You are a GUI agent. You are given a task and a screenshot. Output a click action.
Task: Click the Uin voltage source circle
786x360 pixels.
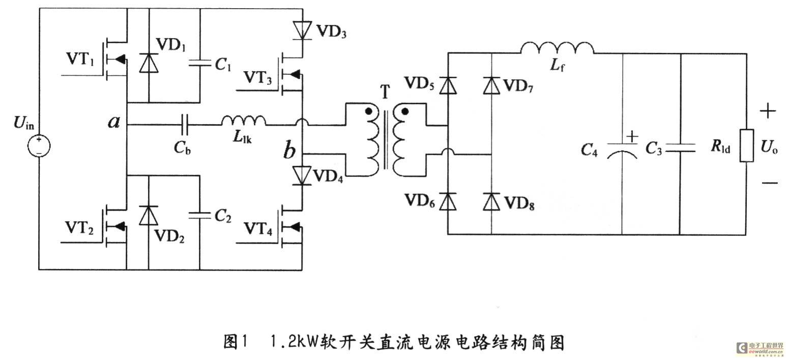click(x=39, y=145)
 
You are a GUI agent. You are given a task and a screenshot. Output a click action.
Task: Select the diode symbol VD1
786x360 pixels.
click(x=149, y=63)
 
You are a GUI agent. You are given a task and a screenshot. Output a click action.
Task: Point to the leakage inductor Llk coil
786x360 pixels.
click(x=244, y=121)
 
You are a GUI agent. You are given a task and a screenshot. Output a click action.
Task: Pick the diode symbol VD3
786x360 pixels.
click(x=302, y=31)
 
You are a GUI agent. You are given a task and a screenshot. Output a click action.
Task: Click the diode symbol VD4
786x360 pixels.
click(x=302, y=175)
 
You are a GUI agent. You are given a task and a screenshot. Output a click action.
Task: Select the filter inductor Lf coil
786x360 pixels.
click(x=557, y=48)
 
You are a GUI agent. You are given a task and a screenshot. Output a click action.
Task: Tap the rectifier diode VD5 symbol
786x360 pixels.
click(x=448, y=85)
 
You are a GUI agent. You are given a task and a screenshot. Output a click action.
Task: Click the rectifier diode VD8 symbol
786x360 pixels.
click(x=491, y=201)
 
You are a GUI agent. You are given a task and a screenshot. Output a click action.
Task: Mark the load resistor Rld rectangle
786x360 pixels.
click(x=747, y=145)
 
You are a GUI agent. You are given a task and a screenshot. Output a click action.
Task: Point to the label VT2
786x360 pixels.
click(x=79, y=228)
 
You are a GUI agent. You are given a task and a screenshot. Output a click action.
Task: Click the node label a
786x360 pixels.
click(x=113, y=122)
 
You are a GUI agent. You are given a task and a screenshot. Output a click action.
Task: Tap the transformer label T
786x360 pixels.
click(x=385, y=92)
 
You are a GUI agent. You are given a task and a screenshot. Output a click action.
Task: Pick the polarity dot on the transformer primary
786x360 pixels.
click(x=368, y=111)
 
